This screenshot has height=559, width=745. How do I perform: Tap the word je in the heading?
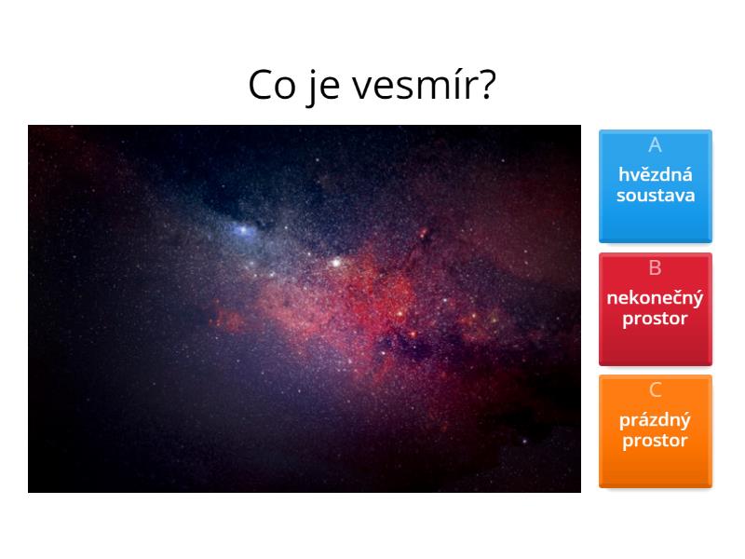tap(321, 87)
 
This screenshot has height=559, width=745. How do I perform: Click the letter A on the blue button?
tap(655, 145)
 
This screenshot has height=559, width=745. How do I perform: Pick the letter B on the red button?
tap(655, 268)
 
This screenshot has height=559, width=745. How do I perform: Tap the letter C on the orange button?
tap(655, 390)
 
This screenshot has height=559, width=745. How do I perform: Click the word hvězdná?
tap(655, 174)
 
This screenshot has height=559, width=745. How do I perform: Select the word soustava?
tap(655, 196)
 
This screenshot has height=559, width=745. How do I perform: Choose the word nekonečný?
tap(655, 298)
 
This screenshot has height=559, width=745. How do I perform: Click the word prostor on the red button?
tap(655, 319)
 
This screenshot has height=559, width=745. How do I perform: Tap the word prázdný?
tap(655, 420)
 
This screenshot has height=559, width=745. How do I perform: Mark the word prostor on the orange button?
tap(655, 441)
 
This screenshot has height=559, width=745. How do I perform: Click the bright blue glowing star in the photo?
tap(244, 229)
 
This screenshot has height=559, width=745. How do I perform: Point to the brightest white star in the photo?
tap(335, 263)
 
